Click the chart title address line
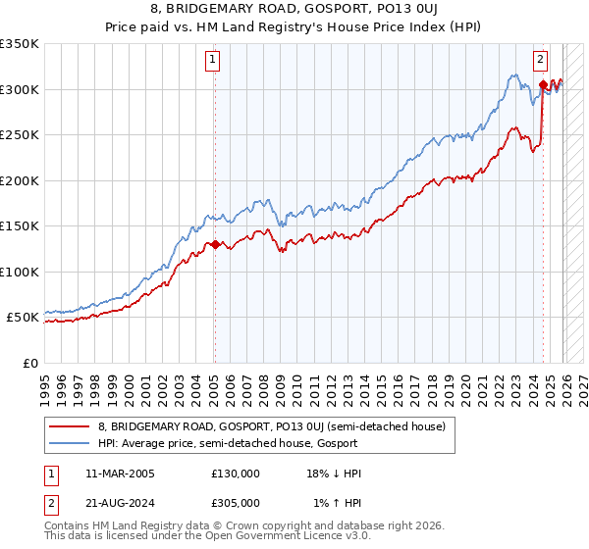(x=294, y=11)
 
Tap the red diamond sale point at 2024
(x=543, y=85)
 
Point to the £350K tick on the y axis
(x=20, y=44)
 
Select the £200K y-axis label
(x=20, y=180)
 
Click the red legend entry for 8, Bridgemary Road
(x=271, y=426)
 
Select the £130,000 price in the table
(x=236, y=474)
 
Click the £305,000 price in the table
(x=236, y=502)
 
